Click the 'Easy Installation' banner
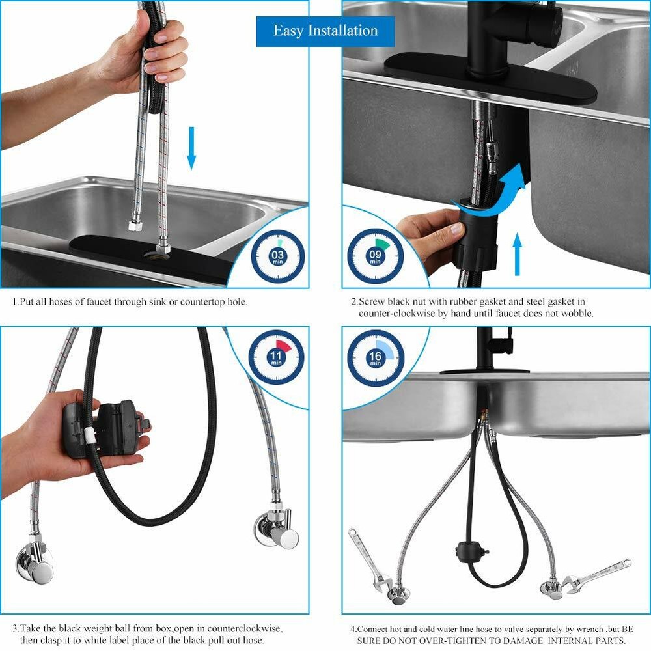click(x=325, y=31)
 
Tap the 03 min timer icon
click(x=278, y=256)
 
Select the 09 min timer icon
click(x=375, y=256)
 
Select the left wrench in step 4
click(x=368, y=557)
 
